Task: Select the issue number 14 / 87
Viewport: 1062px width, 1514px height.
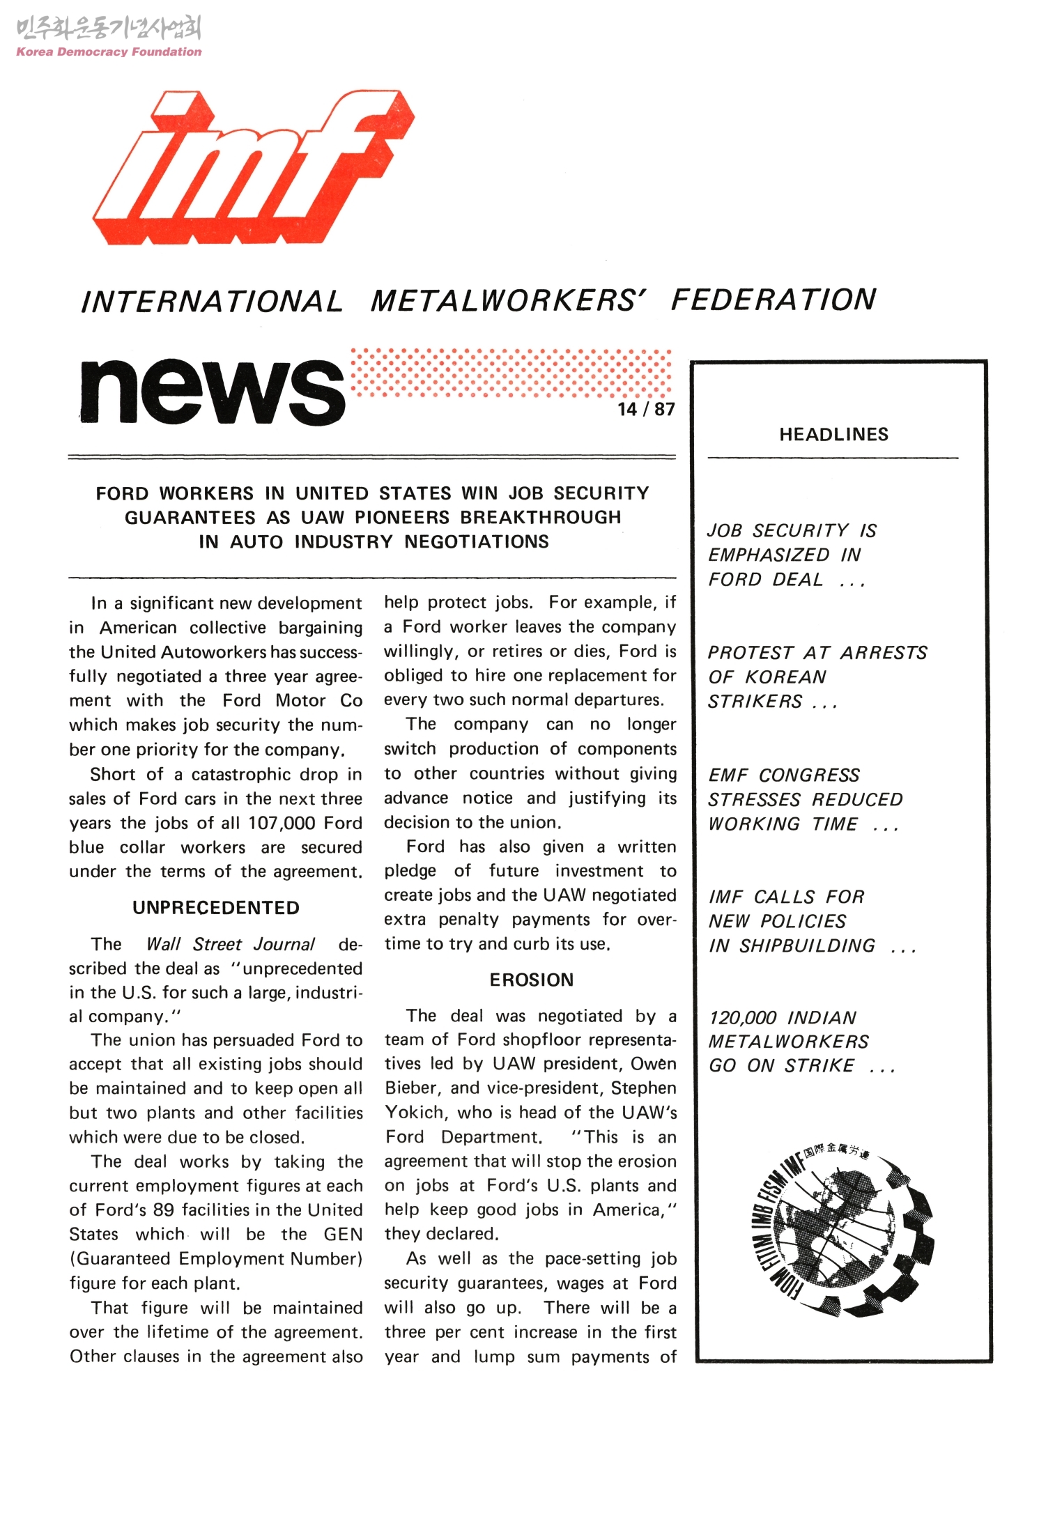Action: point(646,409)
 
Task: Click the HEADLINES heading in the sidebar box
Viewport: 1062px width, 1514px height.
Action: point(833,435)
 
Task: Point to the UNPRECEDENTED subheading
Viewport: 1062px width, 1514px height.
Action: point(216,908)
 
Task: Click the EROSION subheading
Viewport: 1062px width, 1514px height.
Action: point(531,980)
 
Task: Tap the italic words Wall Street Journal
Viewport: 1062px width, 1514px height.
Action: point(230,944)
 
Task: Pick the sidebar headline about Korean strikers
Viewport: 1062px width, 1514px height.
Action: point(817,677)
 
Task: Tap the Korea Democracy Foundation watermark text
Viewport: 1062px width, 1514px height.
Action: point(109,52)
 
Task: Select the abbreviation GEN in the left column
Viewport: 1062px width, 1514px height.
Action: point(343,1235)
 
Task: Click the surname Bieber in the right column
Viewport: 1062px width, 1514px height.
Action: point(413,1088)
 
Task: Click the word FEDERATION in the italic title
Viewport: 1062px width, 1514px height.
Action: point(773,300)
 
